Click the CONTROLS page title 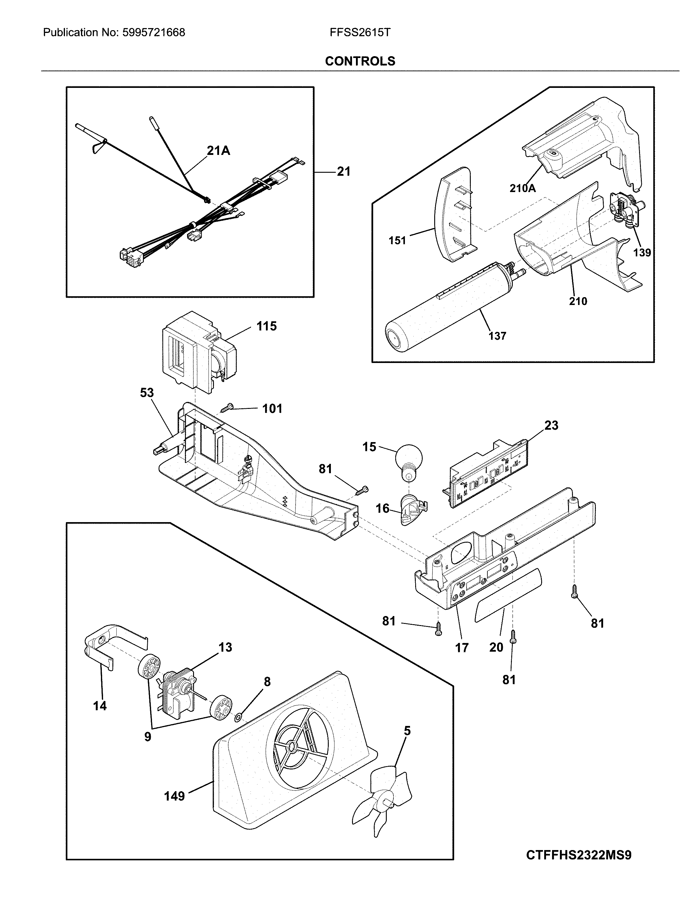tap(360, 61)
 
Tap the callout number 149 tap(174, 795)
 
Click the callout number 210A tap(522, 188)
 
